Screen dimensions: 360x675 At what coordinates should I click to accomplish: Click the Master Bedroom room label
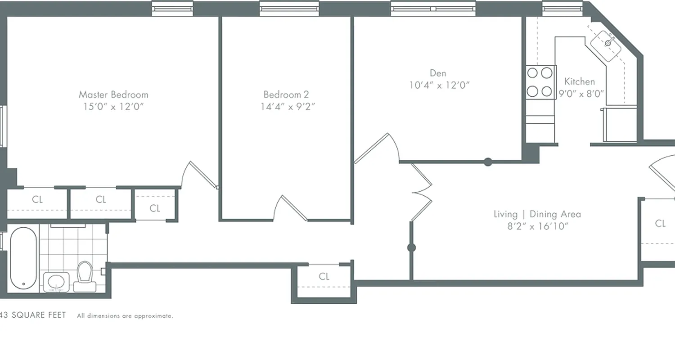click(x=113, y=94)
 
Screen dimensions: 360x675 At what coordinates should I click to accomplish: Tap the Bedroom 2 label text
click(x=286, y=94)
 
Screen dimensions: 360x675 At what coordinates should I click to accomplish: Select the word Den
click(x=438, y=73)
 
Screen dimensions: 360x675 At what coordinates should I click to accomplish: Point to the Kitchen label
click(x=580, y=81)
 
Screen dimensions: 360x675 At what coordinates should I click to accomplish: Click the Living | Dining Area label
click(x=537, y=214)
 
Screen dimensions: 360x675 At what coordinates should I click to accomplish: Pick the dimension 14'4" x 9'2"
click(x=288, y=107)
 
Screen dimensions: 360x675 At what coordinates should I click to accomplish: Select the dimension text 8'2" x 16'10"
click(x=538, y=226)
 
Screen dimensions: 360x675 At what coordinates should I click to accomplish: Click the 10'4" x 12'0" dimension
click(x=439, y=85)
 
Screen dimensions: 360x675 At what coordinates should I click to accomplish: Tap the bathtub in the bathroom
click(x=23, y=258)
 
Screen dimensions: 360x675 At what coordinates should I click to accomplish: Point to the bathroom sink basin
click(x=56, y=282)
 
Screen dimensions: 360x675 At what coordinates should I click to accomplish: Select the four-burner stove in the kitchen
click(x=540, y=82)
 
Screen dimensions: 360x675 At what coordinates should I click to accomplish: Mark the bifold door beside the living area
click(x=422, y=192)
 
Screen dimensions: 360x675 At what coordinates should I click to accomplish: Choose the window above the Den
click(x=433, y=9)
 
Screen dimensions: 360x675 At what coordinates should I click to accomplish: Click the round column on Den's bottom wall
click(x=488, y=162)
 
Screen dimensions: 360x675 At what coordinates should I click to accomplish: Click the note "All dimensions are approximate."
click(x=125, y=316)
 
